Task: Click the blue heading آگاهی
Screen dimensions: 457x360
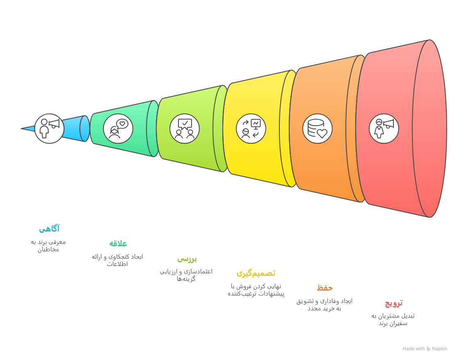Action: (x=49, y=229)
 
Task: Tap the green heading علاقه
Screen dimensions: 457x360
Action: (x=118, y=243)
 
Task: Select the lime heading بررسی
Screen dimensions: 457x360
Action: (x=187, y=259)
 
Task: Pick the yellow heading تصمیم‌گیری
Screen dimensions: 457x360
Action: (x=256, y=273)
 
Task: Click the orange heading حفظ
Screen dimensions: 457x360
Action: (x=324, y=288)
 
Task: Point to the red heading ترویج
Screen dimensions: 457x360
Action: (x=394, y=303)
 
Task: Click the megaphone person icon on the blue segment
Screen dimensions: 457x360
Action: (x=49, y=128)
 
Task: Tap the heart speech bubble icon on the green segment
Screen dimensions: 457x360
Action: (x=118, y=128)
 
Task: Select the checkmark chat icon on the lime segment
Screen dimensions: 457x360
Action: (x=185, y=128)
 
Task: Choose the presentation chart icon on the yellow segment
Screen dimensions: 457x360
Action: (x=251, y=128)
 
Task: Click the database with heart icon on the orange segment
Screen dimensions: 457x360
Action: (x=318, y=128)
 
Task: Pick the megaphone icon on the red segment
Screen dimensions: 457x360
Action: (x=384, y=128)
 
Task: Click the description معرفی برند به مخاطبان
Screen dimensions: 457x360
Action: (x=48, y=245)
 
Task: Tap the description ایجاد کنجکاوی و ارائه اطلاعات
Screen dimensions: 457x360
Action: (x=117, y=260)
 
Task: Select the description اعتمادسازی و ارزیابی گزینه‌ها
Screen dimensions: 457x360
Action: (x=186, y=275)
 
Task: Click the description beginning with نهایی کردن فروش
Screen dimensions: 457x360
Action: (x=256, y=290)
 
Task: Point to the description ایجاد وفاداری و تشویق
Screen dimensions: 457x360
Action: (x=324, y=305)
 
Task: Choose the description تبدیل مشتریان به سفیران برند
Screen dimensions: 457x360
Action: (x=393, y=319)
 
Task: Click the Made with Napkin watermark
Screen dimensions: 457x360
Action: (x=425, y=349)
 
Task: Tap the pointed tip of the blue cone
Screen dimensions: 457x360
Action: (x=21, y=128)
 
